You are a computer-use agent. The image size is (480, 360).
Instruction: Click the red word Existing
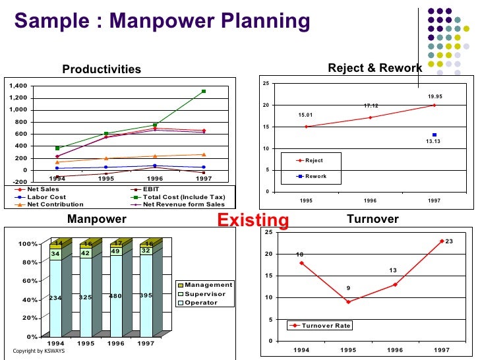(253, 220)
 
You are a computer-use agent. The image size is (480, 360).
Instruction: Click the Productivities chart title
(102, 69)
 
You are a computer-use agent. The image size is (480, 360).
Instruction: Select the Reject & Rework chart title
(375, 68)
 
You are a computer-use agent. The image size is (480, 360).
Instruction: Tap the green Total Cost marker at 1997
(204, 92)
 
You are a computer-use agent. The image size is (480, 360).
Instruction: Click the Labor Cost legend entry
(46, 196)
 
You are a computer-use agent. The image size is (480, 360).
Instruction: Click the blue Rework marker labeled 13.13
(435, 135)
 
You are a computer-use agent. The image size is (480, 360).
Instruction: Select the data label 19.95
(435, 97)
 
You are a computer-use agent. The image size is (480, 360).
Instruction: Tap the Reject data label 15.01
(306, 115)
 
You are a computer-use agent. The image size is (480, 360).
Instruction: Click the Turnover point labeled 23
(441, 241)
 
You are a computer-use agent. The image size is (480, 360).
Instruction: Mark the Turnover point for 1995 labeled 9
(347, 301)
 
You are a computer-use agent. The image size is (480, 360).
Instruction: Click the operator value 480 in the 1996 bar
(117, 296)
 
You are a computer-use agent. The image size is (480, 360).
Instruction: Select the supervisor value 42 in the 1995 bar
(85, 253)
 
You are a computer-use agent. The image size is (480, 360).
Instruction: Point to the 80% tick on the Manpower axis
(28, 263)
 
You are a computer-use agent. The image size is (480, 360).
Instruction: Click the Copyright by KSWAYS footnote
(39, 350)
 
